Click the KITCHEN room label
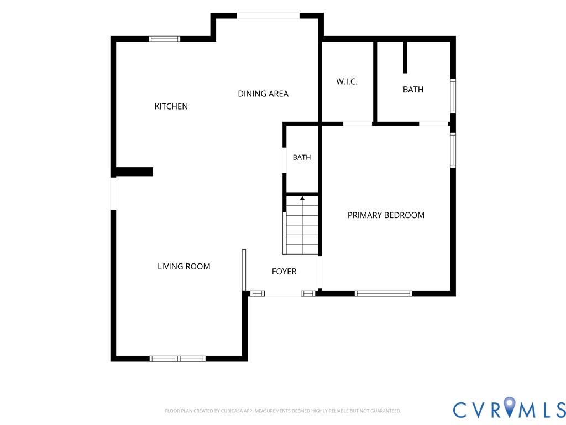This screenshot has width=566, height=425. (171, 106)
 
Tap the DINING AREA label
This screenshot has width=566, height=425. (263, 94)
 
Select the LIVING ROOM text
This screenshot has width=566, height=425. (184, 266)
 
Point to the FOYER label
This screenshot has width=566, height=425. (284, 271)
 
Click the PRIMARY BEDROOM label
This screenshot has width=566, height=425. (386, 215)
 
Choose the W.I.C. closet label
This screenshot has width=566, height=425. (347, 81)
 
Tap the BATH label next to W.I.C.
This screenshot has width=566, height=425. (413, 89)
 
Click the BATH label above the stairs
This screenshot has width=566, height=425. (302, 157)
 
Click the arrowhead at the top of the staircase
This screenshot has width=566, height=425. (302, 198)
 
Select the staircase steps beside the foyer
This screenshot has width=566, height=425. (302, 225)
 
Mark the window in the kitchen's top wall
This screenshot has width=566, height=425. (164, 39)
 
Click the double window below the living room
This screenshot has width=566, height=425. (177, 359)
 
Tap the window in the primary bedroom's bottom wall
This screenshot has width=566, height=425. (384, 293)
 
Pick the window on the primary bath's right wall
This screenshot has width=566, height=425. (453, 96)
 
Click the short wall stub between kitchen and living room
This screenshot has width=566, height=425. (134, 172)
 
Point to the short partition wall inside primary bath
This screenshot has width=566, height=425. (405, 58)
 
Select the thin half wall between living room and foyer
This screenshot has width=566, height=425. (244, 269)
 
